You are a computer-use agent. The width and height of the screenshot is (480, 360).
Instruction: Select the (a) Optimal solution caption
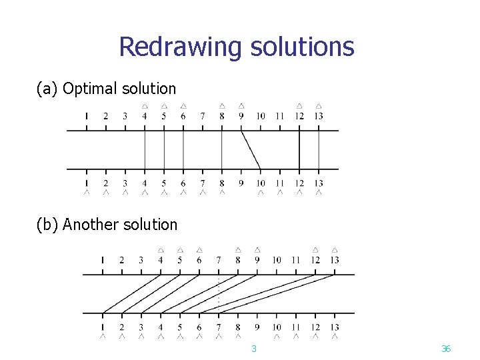pyautogui.click(x=106, y=88)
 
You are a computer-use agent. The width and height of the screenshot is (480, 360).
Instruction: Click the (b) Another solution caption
pyautogui.click(x=107, y=225)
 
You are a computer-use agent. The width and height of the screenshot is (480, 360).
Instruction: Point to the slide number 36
pyautogui.click(x=446, y=349)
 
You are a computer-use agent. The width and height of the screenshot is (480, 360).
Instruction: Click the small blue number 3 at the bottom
pyautogui.click(x=253, y=349)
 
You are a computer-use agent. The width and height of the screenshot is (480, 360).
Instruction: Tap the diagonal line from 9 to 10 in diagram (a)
pyautogui.click(x=251, y=149)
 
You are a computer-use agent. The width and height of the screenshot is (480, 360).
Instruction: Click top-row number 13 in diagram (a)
pyautogui.click(x=319, y=116)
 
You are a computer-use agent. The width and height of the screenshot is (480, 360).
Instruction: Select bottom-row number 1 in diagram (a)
pyautogui.click(x=86, y=183)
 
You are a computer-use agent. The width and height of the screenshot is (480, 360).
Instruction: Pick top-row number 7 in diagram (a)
pyautogui.click(x=203, y=116)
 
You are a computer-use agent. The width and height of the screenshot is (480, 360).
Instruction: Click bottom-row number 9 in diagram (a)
pyautogui.click(x=241, y=183)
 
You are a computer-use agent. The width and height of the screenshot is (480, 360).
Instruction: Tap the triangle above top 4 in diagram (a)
pyautogui.click(x=145, y=106)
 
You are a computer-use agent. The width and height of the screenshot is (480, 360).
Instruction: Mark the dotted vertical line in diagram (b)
pyautogui.click(x=219, y=293)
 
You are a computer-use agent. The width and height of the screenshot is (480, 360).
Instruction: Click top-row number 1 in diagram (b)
pyautogui.click(x=102, y=260)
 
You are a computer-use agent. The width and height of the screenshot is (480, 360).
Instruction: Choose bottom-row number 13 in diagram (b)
pyautogui.click(x=335, y=327)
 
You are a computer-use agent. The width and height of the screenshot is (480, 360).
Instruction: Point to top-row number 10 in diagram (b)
pyautogui.click(x=277, y=260)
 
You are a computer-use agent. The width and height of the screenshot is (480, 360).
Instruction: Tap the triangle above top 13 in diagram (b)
pyautogui.click(x=335, y=250)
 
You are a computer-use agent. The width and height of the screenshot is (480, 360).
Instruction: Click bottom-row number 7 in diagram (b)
pyautogui.click(x=219, y=327)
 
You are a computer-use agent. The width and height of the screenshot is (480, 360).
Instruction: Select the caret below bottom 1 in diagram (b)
pyautogui.click(x=102, y=337)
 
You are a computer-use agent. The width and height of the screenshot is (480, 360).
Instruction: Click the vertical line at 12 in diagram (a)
pyautogui.click(x=299, y=149)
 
